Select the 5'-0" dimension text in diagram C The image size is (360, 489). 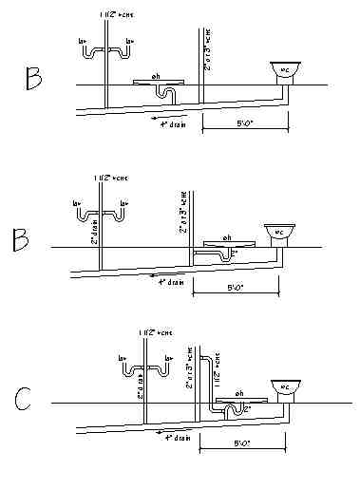[x=245, y=443]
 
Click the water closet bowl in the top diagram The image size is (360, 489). [x=282, y=69]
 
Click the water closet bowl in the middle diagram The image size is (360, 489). [x=277, y=232]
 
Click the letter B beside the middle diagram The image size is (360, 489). [x=21, y=239]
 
